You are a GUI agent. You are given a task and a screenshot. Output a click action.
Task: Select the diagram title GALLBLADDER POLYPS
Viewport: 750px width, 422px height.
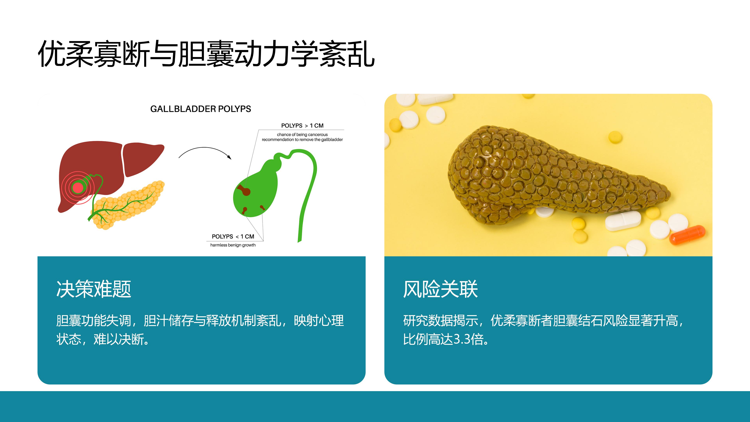(201, 109)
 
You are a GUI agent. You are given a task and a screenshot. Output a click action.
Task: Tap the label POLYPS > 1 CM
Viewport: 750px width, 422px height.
(302, 125)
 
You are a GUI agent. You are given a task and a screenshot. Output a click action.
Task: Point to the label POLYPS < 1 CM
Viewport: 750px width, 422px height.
(233, 236)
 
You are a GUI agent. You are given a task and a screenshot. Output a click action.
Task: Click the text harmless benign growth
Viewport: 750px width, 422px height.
(233, 245)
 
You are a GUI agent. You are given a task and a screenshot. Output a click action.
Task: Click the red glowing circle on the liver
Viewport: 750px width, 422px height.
(78, 187)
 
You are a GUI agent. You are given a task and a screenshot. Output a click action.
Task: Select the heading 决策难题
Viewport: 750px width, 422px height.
(94, 289)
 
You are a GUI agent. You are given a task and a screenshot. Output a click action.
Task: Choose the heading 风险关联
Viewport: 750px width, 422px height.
(440, 289)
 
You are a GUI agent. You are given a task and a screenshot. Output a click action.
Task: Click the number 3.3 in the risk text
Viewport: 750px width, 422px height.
(462, 339)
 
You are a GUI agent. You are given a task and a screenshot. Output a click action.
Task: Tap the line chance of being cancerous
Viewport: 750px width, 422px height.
(302, 135)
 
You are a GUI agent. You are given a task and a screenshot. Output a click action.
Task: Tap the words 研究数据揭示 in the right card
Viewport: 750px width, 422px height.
(440, 321)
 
